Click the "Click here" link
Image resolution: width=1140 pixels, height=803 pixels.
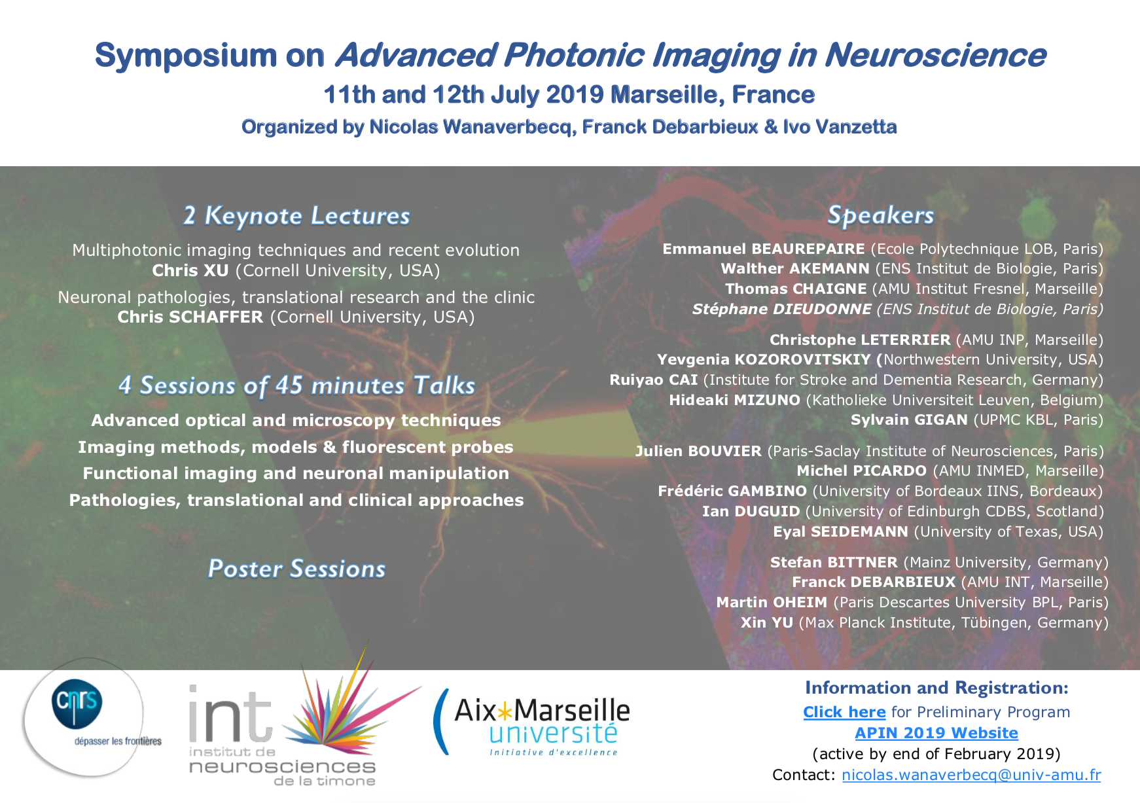(x=844, y=712)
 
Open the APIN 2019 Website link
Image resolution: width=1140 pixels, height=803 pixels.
(x=936, y=733)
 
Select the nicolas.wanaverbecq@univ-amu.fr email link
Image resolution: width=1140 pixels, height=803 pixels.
(x=971, y=775)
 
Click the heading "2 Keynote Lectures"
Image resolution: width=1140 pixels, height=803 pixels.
(x=296, y=216)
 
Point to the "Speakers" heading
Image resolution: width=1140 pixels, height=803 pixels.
(x=880, y=215)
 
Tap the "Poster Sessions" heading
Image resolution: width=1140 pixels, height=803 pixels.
(x=296, y=569)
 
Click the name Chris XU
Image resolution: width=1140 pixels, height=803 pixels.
(x=190, y=270)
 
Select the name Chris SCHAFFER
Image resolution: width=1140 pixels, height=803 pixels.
(x=190, y=317)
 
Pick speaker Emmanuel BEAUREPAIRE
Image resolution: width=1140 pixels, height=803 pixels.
(x=764, y=249)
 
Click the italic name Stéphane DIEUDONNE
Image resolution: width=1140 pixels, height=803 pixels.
(x=782, y=309)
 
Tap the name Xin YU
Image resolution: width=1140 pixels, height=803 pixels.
(x=767, y=622)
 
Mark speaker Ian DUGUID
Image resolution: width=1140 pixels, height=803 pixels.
(x=751, y=511)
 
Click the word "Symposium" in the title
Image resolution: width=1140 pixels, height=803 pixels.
(x=187, y=56)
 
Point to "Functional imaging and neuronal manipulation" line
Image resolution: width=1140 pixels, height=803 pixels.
(x=296, y=473)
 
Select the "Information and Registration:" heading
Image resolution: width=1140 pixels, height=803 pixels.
(x=936, y=688)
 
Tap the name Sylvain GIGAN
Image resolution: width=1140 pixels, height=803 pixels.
(x=909, y=419)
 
